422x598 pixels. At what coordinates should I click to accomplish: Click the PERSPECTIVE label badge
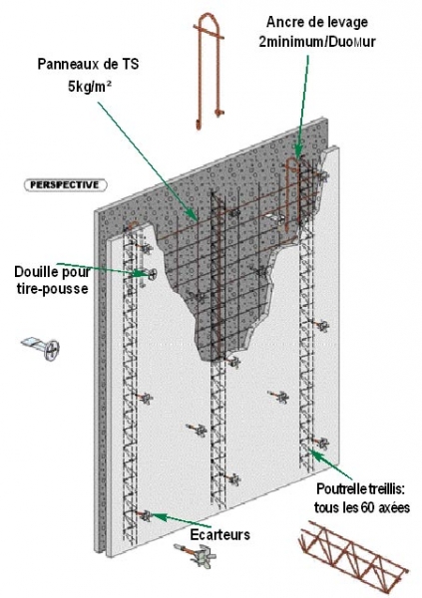pyautogui.click(x=65, y=185)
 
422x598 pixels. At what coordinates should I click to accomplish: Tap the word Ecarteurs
pyautogui.click(x=220, y=534)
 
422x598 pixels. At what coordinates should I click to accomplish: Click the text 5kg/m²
pyautogui.click(x=90, y=86)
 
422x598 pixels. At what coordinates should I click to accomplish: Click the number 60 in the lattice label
pyautogui.click(x=366, y=508)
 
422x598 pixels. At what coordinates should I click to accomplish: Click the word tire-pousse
pyautogui.click(x=52, y=289)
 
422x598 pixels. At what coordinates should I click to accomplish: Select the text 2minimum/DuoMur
pyautogui.click(x=317, y=42)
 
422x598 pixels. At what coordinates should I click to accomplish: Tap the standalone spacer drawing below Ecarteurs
pyautogui.click(x=196, y=555)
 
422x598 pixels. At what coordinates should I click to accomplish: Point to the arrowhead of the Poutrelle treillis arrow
pyautogui.click(x=311, y=452)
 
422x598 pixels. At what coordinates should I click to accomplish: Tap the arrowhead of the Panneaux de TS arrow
pyautogui.click(x=195, y=216)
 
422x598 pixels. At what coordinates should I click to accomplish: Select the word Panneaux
pyautogui.click(x=67, y=64)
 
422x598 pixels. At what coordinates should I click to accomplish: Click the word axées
pyautogui.click(x=393, y=508)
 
